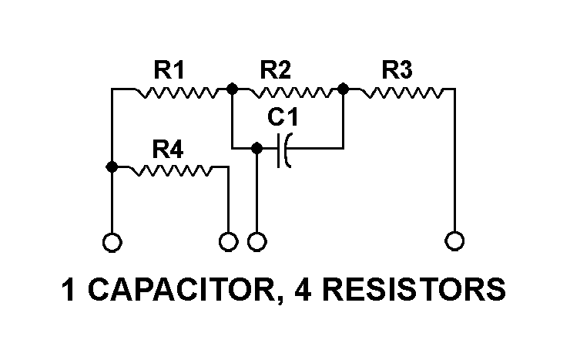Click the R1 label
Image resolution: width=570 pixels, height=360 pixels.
click(x=169, y=71)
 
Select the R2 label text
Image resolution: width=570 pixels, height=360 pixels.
click(x=275, y=71)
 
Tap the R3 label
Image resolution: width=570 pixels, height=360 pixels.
click(x=397, y=71)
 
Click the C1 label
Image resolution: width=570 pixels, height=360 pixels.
click(x=283, y=119)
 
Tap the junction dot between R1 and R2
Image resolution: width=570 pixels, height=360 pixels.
click(x=232, y=89)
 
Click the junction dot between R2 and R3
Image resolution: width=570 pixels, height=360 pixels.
click(x=344, y=89)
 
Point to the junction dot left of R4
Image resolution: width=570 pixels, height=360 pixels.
click(x=112, y=167)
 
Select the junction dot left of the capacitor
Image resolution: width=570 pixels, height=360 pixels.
click(x=257, y=147)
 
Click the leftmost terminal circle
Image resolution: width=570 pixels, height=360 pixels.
click(x=112, y=242)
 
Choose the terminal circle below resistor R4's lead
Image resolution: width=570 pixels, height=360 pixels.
click(x=228, y=242)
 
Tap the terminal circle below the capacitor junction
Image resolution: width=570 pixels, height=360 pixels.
click(x=257, y=242)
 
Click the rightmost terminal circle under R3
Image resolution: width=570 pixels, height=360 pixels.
click(x=455, y=242)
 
